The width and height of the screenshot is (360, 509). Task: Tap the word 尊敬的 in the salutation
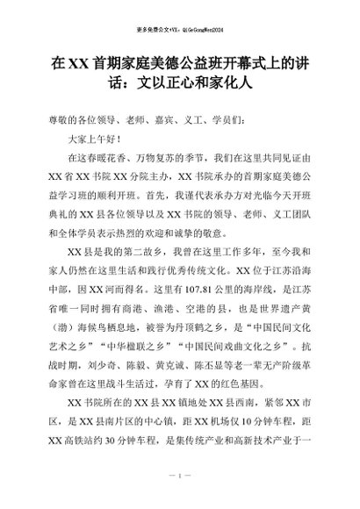click(58, 121)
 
